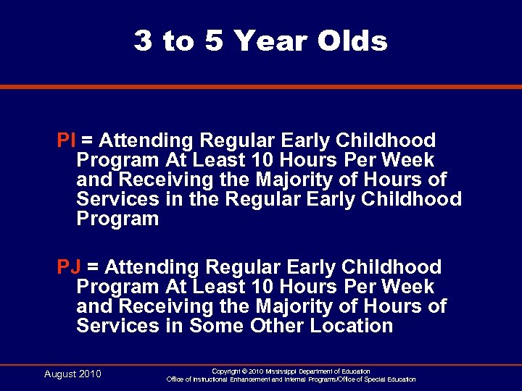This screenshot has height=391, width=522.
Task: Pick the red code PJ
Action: tap(69, 267)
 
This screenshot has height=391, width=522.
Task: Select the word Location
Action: tap(352, 326)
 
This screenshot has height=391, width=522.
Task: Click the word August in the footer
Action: tap(61, 374)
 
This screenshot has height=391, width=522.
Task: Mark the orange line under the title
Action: tap(261, 86)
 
